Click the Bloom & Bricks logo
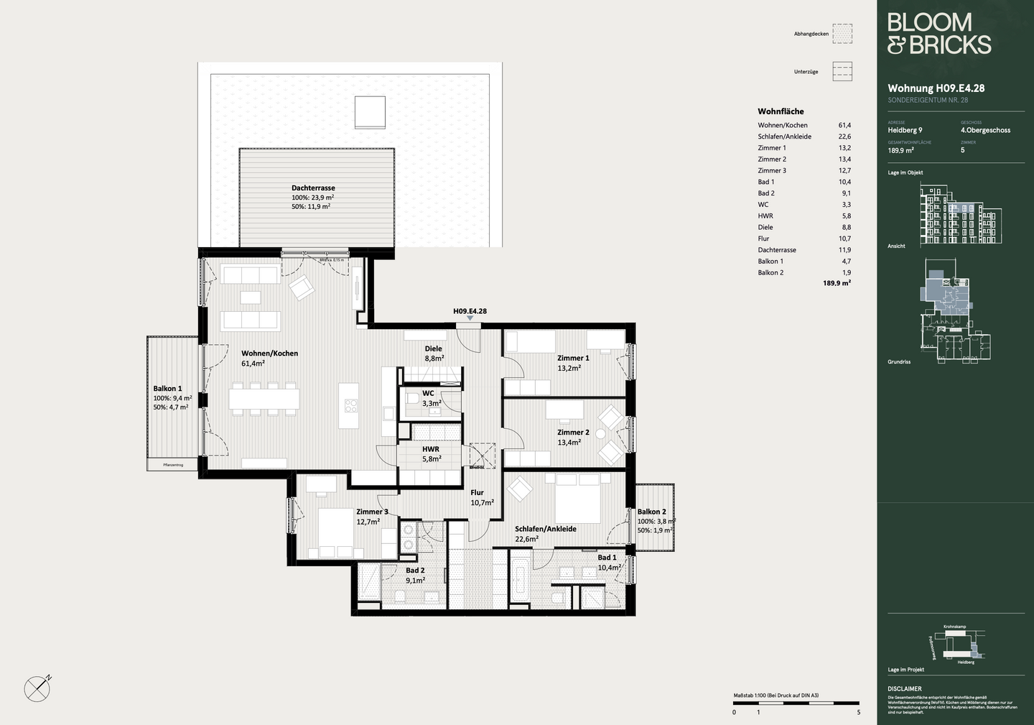[938, 34]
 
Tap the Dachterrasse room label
[313, 188]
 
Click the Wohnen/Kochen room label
[269, 354]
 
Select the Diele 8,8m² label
[434, 353]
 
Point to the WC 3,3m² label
[430, 398]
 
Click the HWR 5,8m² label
[431, 453]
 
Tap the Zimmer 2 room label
[573, 433]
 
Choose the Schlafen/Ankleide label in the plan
[545, 529]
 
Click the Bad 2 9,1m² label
[415, 575]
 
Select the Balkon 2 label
[652, 512]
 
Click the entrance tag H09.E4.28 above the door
[470, 311]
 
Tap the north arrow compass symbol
[37, 688]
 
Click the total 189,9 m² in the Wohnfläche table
[837, 284]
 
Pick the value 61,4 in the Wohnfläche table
[844, 125]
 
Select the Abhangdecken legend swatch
[842, 34]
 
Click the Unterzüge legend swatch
[842, 71]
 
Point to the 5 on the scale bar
[858, 712]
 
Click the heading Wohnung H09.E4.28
[936, 88]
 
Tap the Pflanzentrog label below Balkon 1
[173, 465]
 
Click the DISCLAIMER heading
[904, 688]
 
